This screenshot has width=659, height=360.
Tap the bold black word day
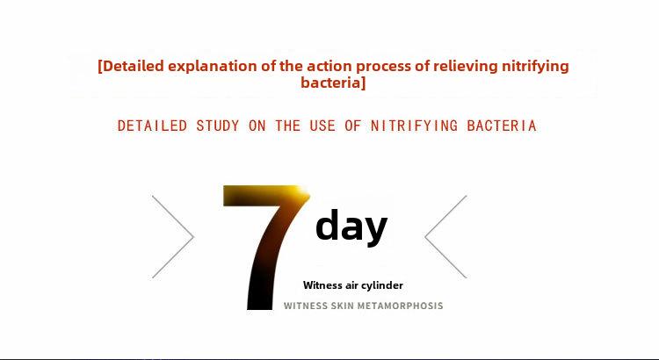(x=351, y=226)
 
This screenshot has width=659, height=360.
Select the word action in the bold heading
(x=331, y=66)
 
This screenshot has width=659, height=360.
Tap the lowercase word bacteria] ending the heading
(x=333, y=83)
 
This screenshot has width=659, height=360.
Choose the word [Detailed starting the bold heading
(x=131, y=67)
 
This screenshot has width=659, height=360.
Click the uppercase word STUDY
(x=218, y=126)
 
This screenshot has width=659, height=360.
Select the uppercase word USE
(x=322, y=126)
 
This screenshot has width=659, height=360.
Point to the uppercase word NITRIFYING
(x=414, y=126)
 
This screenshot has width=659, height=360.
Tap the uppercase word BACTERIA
(x=502, y=126)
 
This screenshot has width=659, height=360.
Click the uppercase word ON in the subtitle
(x=257, y=126)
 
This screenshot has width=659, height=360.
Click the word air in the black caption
(x=351, y=286)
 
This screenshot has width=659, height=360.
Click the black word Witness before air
(x=322, y=285)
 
